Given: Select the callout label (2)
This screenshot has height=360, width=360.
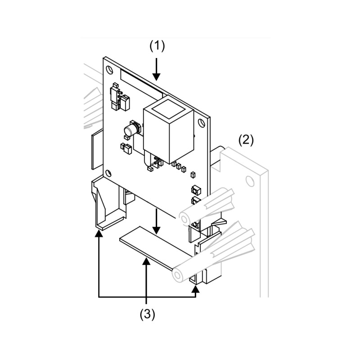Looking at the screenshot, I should [x=246, y=139].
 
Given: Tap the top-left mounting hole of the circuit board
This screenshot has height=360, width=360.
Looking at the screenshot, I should [x=109, y=70].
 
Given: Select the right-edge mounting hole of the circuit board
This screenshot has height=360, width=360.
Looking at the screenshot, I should [x=201, y=120].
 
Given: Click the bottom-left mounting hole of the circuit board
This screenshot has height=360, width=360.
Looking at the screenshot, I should [x=108, y=171].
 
